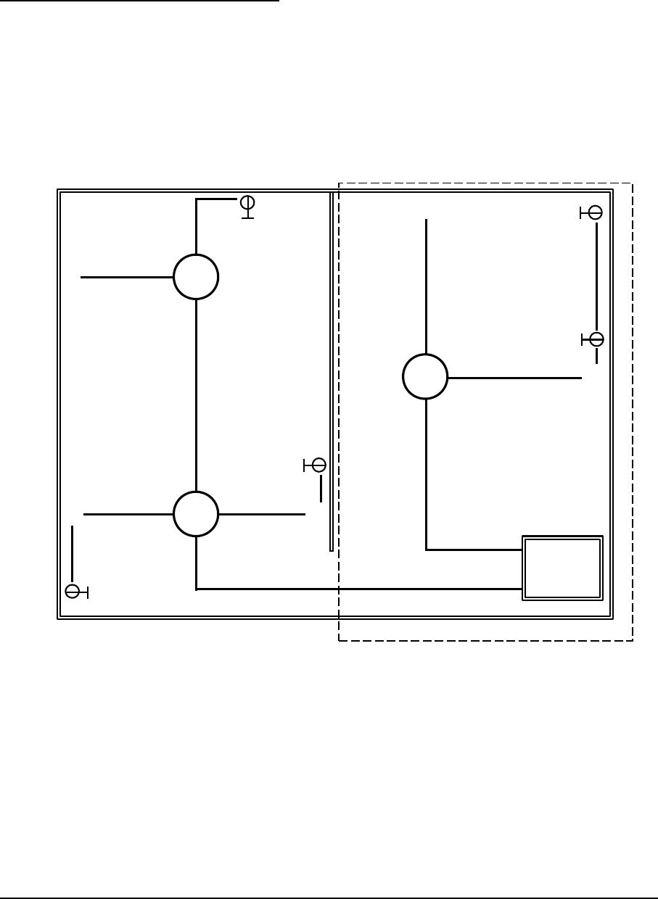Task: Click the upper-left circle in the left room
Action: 196,277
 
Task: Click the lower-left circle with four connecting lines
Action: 196,513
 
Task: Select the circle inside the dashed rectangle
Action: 425,377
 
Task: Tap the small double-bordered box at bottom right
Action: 563,568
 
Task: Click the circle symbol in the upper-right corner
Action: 595,212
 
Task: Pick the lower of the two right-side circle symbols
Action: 596,339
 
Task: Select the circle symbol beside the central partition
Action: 318,465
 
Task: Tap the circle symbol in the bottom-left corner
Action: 73,592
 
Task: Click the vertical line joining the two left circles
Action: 196,395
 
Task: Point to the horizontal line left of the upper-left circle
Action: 127,277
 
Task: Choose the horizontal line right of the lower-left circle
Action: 261,514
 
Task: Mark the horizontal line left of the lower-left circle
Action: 128,514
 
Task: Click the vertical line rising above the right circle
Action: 426,286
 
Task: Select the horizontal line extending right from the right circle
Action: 514,378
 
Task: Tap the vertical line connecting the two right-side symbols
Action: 596,275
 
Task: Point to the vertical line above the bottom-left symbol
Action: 73,552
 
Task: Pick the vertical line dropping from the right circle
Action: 426,475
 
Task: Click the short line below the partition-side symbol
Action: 320,488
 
